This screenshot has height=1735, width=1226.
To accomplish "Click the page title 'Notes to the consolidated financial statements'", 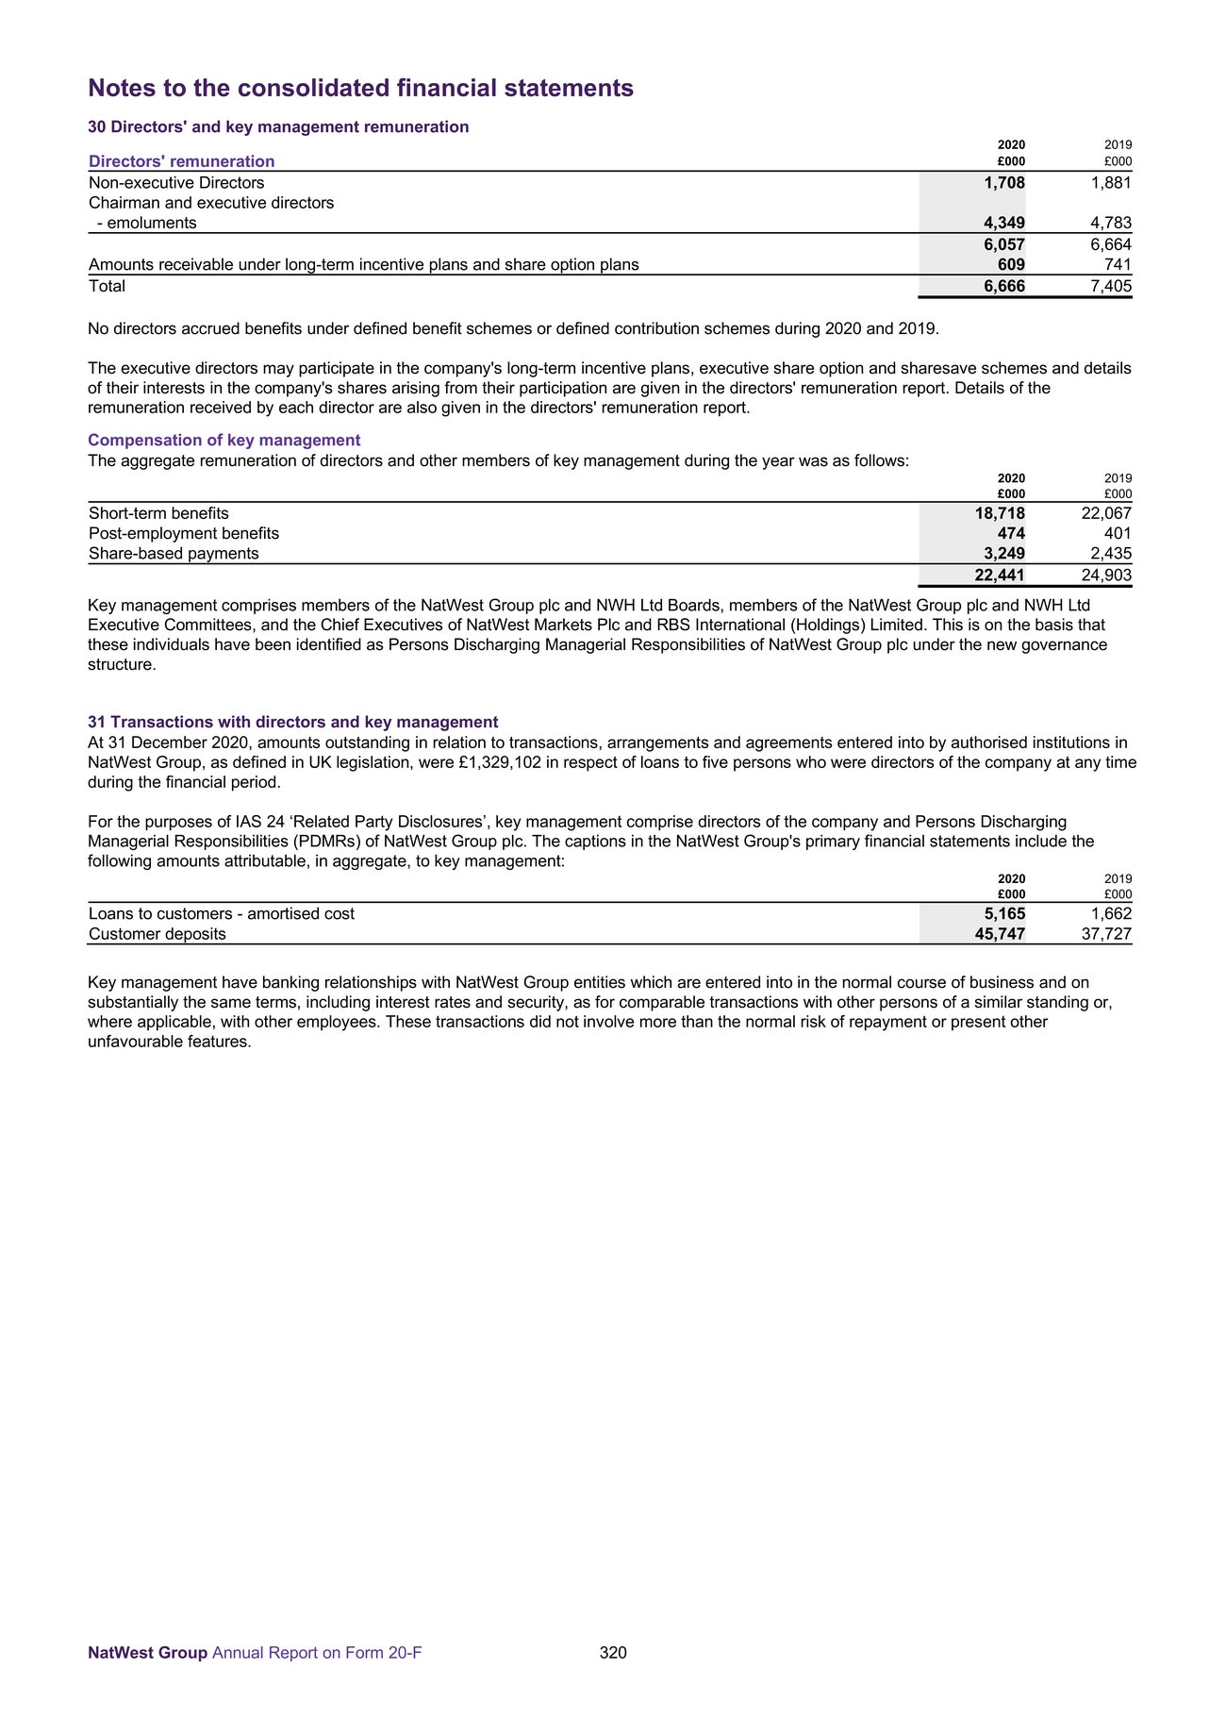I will pyautogui.click(x=360, y=89).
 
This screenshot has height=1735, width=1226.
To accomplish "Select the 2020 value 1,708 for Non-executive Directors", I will pyautogui.click(x=1003, y=182).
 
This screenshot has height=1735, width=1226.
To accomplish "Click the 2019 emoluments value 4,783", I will pyautogui.click(x=1110, y=224).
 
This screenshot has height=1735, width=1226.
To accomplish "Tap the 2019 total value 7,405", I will pyautogui.click(x=1110, y=286).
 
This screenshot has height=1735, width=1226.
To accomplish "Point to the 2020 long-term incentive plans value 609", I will pyautogui.click(x=1011, y=265).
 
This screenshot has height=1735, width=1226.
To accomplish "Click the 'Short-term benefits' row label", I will pyautogui.click(x=158, y=513).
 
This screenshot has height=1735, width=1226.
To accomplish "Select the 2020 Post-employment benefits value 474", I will pyautogui.click(x=1011, y=533).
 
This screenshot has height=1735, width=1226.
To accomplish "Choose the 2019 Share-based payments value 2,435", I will pyautogui.click(x=1110, y=554).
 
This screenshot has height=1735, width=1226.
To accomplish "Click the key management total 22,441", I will pyautogui.click(x=1000, y=576).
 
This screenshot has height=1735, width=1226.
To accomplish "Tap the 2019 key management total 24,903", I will pyautogui.click(x=1106, y=576).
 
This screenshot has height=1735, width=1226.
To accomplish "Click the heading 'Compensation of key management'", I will pyautogui.click(x=224, y=440).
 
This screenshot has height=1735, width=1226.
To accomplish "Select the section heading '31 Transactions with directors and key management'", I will pyautogui.click(x=292, y=722).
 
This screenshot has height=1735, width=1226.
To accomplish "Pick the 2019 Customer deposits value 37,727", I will pyautogui.click(x=1106, y=934).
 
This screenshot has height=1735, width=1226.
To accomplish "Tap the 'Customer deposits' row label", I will pyautogui.click(x=157, y=934).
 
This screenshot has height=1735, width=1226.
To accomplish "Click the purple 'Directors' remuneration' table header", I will pyautogui.click(x=181, y=161).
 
